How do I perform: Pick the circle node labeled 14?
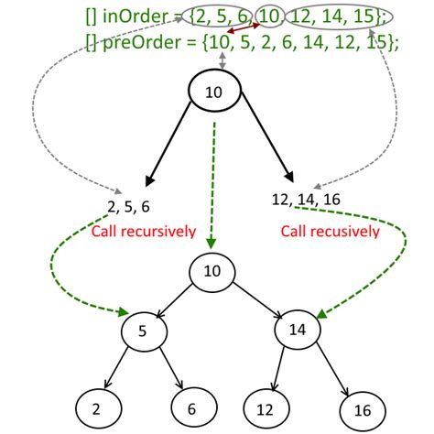[296, 329]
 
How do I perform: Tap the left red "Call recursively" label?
[143, 231]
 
